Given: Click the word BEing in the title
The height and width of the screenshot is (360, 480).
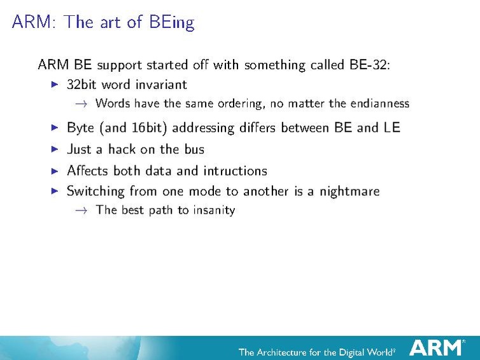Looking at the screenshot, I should tap(172, 23).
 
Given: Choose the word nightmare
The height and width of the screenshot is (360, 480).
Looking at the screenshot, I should tap(349, 191).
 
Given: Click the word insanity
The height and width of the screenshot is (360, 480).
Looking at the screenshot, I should tap(212, 210).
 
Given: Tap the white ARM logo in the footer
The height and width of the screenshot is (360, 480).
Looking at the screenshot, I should tap(436, 347).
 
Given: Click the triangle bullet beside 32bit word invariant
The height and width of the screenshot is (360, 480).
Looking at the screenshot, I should tap(54, 84).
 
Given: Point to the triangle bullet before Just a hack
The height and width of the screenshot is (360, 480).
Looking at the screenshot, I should tap(54, 149).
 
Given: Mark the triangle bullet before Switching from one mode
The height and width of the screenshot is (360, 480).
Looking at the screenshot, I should tap(54, 191).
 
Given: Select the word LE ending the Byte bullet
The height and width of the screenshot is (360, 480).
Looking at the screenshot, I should tap(392, 127).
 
